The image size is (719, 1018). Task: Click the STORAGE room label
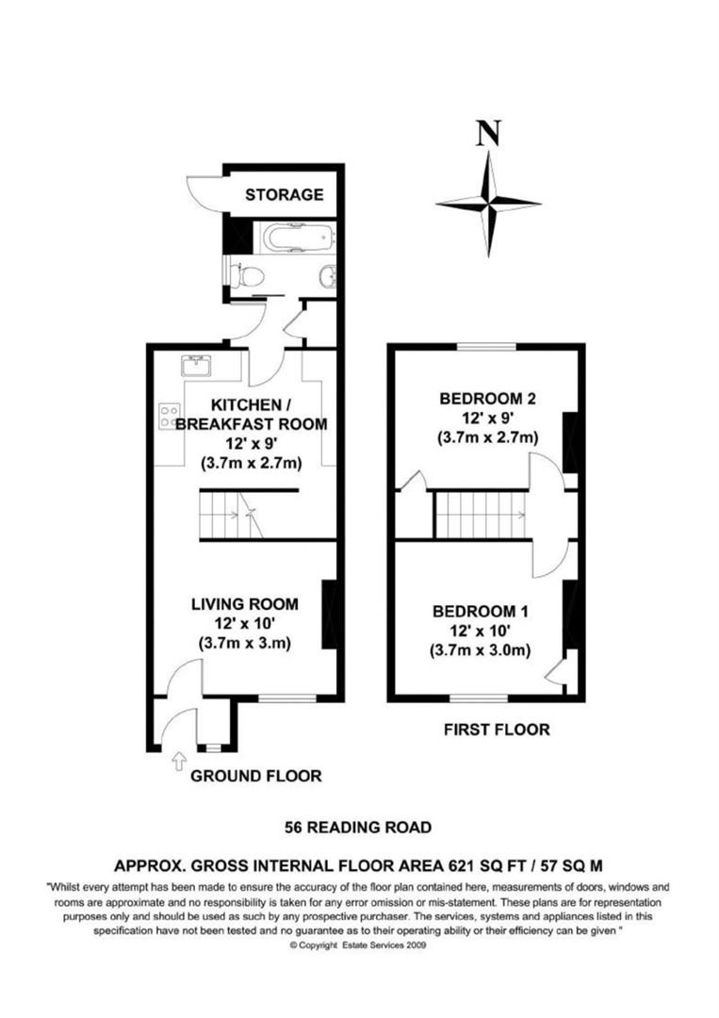284,195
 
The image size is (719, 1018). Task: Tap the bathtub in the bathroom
298,237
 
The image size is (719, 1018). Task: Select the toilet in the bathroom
247,276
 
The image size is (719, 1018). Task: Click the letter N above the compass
487,135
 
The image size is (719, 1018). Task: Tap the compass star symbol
488,203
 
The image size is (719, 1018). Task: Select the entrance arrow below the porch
180,761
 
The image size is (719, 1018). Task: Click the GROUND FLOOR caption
255,777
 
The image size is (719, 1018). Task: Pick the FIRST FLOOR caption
497,729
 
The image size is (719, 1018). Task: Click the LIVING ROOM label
244,603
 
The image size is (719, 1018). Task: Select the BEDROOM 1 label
480,611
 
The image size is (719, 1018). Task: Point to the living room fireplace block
330,615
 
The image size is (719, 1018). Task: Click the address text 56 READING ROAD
358,828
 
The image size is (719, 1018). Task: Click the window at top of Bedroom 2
486,347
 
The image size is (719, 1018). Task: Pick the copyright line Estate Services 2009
358,944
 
